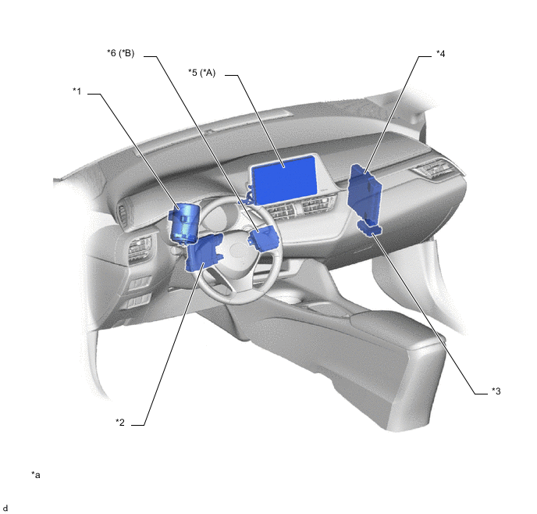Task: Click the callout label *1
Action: tap(77, 91)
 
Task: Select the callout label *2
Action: tap(120, 422)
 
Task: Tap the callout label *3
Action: tap(496, 391)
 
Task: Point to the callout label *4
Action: tap(441, 54)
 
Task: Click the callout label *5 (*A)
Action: tap(202, 73)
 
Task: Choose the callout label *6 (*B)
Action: tap(121, 53)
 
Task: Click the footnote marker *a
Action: tap(36, 475)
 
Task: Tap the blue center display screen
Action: tap(284, 178)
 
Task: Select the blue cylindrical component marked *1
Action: tap(183, 223)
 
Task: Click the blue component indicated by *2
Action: tap(204, 252)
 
